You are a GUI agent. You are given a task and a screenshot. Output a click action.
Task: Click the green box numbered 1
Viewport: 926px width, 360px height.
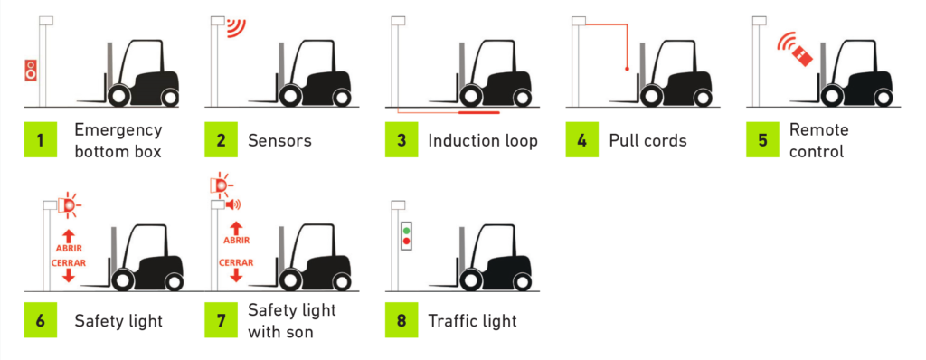point(41,139)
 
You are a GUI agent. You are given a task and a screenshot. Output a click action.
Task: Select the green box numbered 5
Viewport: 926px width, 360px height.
point(763,139)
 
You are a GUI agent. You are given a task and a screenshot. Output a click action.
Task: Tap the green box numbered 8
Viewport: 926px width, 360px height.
point(402,320)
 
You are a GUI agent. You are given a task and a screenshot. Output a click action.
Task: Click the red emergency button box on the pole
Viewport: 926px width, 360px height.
point(30,71)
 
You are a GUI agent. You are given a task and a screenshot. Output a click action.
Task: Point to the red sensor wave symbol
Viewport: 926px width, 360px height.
point(236,27)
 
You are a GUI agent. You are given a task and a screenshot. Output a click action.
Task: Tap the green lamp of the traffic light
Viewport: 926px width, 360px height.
point(406,229)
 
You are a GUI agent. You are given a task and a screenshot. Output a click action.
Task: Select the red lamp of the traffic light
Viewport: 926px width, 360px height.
point(406,242)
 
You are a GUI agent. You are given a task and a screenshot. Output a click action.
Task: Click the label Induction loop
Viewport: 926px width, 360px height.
point(483,141)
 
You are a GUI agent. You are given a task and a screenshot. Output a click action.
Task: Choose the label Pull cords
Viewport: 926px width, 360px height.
point(647,141)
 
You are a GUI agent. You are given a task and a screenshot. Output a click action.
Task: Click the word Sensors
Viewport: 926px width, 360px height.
point(279,141)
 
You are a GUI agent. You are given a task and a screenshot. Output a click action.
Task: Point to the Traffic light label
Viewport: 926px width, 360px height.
point(472,321)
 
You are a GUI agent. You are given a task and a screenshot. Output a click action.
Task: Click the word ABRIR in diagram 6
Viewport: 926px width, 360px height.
point(69,248)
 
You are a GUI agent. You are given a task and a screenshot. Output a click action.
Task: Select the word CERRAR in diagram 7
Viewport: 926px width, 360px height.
point(236,262)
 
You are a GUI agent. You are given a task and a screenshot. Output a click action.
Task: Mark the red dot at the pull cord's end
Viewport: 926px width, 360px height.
point(628,69)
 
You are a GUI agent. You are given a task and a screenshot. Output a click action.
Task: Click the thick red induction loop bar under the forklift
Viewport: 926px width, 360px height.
point(479,111)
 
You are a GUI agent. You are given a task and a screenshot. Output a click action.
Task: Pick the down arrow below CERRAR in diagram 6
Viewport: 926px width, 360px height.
point(69,274)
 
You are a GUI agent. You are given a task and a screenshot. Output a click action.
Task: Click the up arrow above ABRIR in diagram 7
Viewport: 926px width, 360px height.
point(236,228)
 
